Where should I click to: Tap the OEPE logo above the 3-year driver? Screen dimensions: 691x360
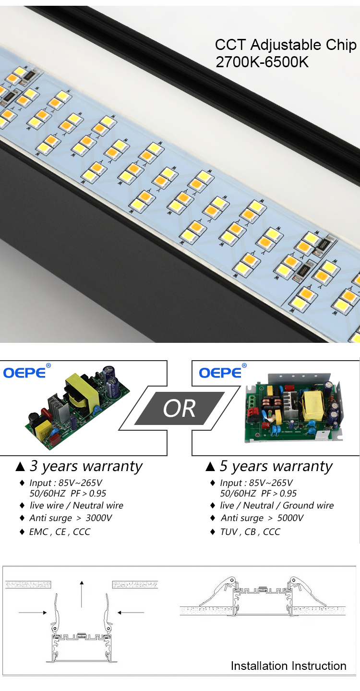coord(25,373)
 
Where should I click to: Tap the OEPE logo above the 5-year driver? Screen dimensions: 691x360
coord(220,373)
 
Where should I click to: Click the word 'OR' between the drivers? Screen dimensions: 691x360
coord(179,409)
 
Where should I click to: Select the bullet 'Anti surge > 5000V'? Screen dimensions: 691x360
coord(262,518)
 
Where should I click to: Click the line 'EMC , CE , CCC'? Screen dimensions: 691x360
coord(60,532)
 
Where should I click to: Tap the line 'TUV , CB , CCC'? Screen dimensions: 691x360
coord(250,532)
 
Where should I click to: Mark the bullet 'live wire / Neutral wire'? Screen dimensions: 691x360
coord(76,506)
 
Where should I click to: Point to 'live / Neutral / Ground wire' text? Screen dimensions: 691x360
coord(276,506)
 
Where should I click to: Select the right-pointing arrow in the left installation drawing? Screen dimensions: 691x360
coord(33,612)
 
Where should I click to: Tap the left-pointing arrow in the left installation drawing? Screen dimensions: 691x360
coord(131,612)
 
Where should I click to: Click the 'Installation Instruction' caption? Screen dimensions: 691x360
coord(288,666)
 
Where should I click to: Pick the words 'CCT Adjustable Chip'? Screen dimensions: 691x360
coord(286,45)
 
